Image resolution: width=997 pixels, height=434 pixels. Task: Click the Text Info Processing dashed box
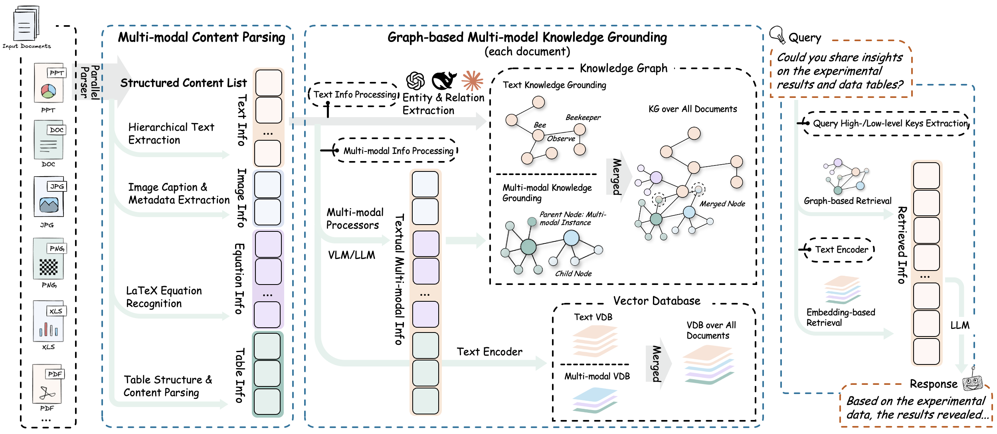tap(354, 95)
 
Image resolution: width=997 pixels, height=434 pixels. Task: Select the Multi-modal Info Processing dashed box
tap(398, 151)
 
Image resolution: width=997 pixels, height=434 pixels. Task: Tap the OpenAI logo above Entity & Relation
tap(415, 81)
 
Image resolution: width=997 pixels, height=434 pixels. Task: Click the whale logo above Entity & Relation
tap(443, 81)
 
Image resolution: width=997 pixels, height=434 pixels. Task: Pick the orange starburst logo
tap(473, 81)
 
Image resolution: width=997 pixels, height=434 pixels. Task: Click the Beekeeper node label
tap(583, 117)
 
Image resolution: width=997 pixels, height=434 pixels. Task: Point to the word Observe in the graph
tap(561, 139)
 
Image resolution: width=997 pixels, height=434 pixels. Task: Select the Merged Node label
tap(722, 204)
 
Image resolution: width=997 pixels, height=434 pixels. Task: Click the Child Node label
tap(573, 274)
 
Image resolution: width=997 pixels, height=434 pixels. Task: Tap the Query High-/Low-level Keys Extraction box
tap(890, 123)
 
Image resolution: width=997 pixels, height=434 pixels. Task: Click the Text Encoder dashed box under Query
tap(841, 250)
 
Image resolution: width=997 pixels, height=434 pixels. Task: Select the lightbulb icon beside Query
tap(777, 35)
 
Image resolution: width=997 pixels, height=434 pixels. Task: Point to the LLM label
tap(959, 325)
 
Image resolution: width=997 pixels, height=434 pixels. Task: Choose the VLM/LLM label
tap(352, 255)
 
